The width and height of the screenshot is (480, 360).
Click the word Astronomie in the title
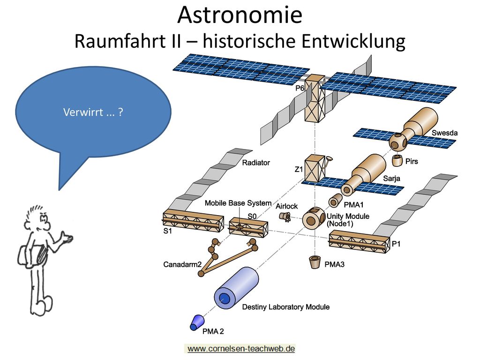click(x=240, y=15)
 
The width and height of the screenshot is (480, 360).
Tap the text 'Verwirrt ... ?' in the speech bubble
click(x=93, y=112)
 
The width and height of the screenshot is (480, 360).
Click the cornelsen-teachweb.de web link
click(x=241, y=348)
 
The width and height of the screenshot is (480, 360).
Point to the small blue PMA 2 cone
click(x=196, y=322)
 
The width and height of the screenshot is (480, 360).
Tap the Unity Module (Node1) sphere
click(x=314, y=218)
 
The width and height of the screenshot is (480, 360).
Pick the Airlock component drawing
click(x=285, y=217)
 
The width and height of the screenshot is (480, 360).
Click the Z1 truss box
click(x=315, y=168)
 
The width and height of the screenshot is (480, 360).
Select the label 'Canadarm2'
click(x=182, y=264)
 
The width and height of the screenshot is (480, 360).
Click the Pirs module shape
click(x=397, y=160)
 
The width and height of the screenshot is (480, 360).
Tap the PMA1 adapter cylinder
click(x=335, y=201)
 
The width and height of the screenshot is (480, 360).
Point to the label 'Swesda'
click(x=444, y=133)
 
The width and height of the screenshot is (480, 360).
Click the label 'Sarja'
click(x=391, y=178)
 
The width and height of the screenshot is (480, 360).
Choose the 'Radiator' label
click(x=256, y=163)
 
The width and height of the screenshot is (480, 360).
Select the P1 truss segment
click(x=360, y=242)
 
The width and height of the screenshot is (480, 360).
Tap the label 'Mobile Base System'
click(x=238, y=203)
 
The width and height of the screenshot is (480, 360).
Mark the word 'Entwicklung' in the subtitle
click(x=353, y=42)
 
